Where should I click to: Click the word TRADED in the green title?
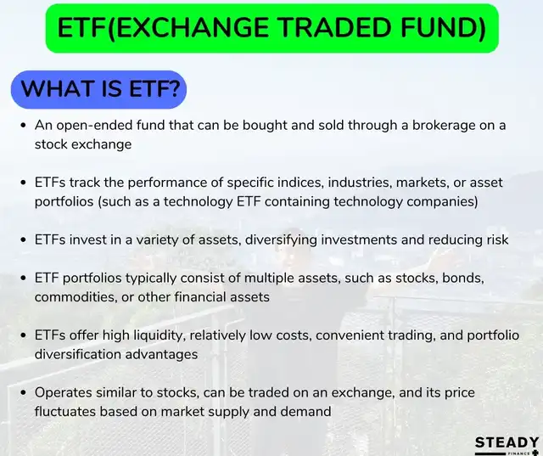(333, 27)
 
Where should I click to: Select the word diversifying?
(281, 240)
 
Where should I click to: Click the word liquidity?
(160, 336)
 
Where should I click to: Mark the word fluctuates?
(65, 412)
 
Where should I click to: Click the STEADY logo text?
(507, 442)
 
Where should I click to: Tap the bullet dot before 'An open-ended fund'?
(24, 126)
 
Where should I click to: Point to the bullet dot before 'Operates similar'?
(24, 393)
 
